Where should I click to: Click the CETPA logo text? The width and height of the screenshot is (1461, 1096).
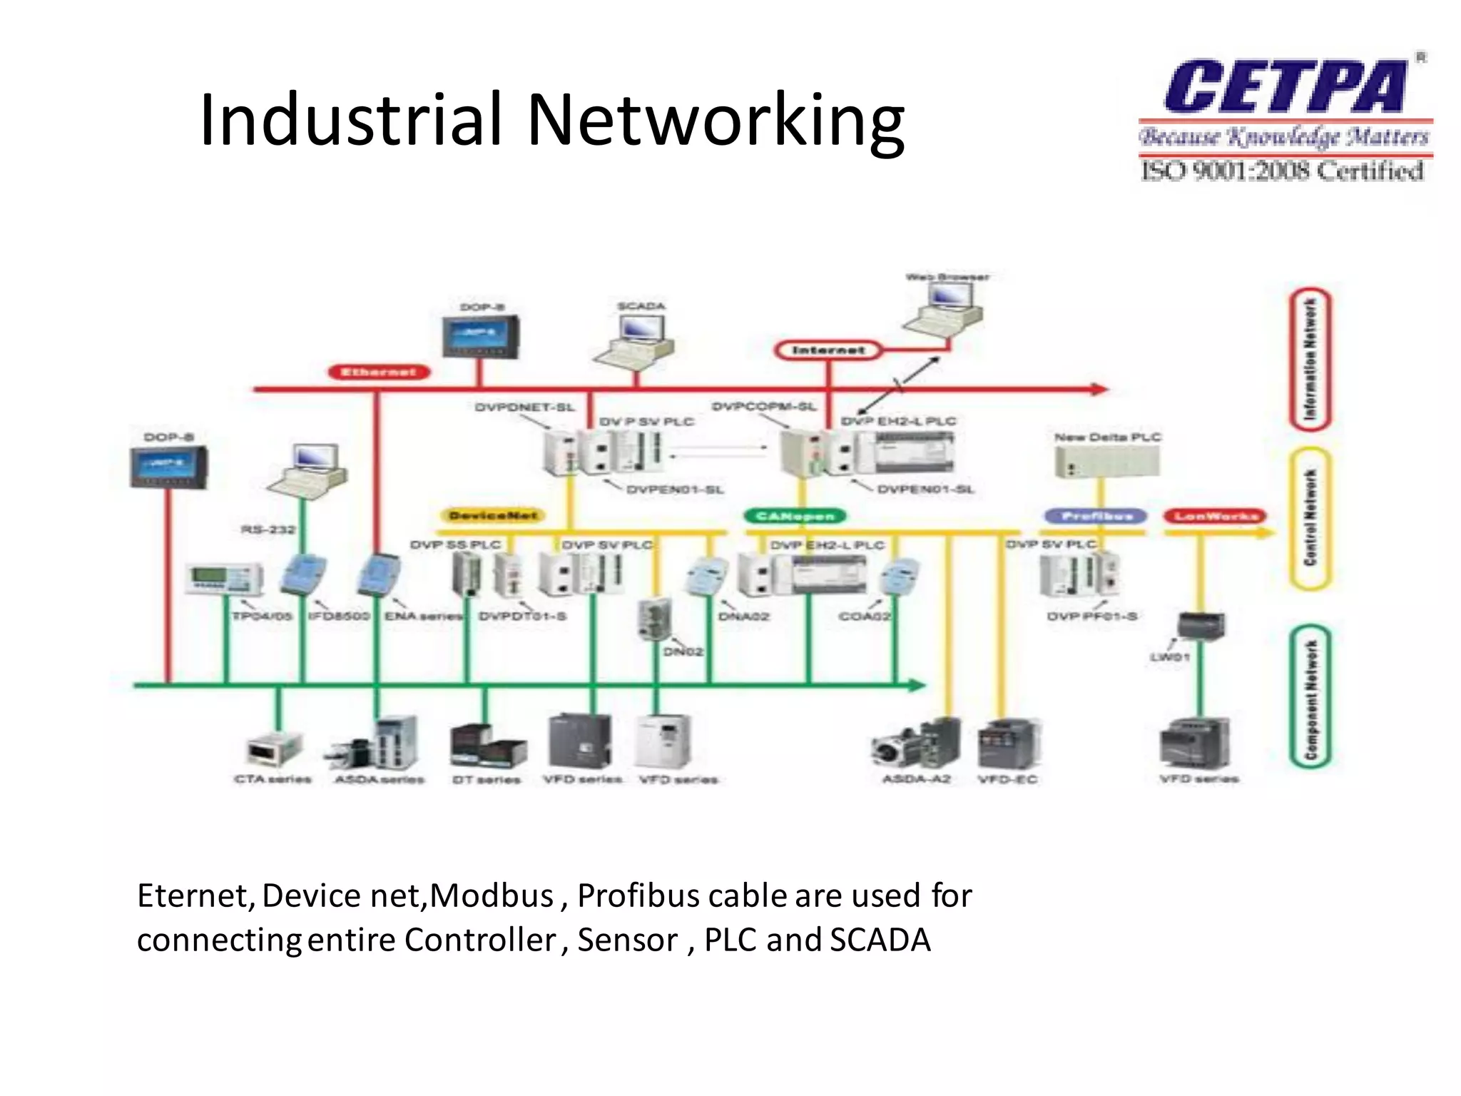1284,87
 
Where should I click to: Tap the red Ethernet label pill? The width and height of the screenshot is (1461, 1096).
379,372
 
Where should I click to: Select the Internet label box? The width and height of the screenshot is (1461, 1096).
828,350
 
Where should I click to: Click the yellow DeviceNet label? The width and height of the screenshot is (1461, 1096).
494,515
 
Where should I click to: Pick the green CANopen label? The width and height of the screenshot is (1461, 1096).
795,515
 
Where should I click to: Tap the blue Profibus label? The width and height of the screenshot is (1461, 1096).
1096,515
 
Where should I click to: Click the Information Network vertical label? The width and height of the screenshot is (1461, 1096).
1310,359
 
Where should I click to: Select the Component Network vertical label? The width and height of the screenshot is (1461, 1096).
1310,697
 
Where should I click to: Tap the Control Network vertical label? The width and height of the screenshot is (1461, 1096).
1310,518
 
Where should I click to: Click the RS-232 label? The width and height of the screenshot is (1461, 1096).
268,529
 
